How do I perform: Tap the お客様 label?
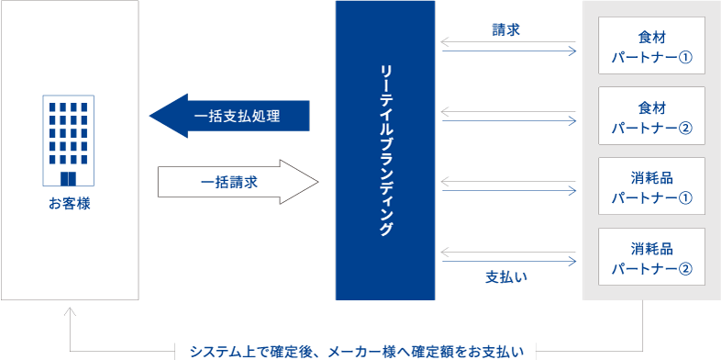point(70,203)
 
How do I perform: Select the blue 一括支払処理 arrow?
point(229,116)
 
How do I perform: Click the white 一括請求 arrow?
point(238,182)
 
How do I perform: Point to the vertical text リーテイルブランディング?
point(385,151)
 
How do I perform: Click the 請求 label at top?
point(506,28)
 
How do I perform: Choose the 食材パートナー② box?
point(651,116)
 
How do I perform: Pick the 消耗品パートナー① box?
point(651,186)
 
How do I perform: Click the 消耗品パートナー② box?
point(651,258)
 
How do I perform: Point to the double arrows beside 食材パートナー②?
point(508,117)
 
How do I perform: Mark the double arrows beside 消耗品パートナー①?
point(508,186)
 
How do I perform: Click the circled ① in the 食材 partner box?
point(684,60)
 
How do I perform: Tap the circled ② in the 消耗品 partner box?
point(684,269)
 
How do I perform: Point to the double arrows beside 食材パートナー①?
point(508,46)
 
